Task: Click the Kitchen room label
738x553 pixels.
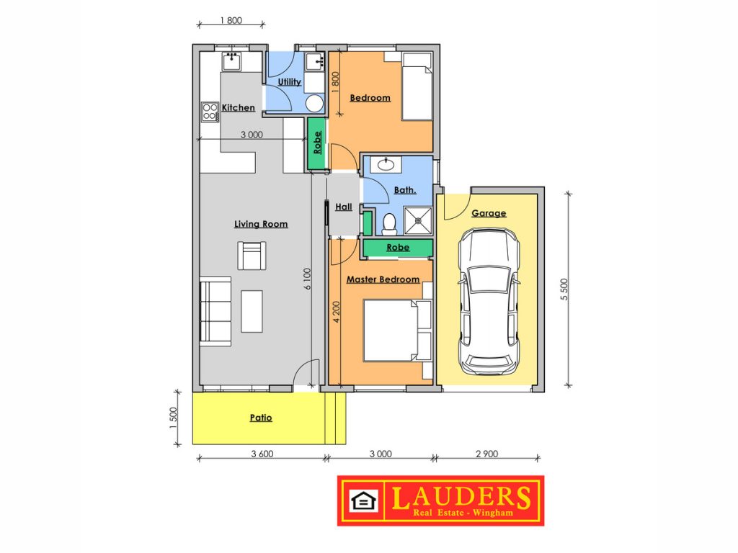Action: pyautogui.click(x=238, y=108)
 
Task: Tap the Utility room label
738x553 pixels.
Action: pyautogui.click(x=289, y=82)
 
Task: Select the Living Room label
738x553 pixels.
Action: pyautogui.click(x=261, y=225)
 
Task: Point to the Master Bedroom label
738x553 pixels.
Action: pyautogui.click(x=383, y=279)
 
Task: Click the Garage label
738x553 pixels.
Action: pyautogui.click(x=489, y=213)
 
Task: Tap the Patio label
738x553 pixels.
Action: pyautogui.click(x=261, y=418)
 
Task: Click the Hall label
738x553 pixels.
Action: pyautogui.click(x=344, y=207)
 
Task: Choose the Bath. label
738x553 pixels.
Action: pyautogui.click(x=405, y=190)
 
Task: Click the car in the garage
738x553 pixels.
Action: pyautogui.click(x=489, y=302)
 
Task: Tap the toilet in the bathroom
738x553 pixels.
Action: pyautogui.click(x=389, y=225)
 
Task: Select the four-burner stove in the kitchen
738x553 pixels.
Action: pyautogui.click(x=210, y=112)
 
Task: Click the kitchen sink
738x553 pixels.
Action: pyautogui.click(x=231, y=61)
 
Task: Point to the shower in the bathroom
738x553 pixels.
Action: pyautogui.click(x=418, y=220)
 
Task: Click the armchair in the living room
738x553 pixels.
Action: pyautogui.click(x=252, y=256)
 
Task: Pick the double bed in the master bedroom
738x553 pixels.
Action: pyautogui.click(x=398, y=331)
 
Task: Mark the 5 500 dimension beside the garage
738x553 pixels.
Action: pyautogui.click(x=564, y=289)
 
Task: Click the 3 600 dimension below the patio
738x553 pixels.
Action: pyautogui.click(x=262, y=454)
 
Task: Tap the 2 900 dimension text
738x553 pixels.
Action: pyautogui.click(x=486, y=454)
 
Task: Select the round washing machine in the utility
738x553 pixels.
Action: pyautogui.click(x=314, y=103)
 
